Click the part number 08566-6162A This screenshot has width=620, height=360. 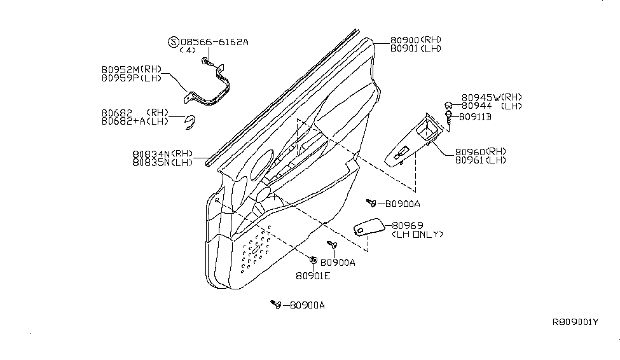click(214, 42)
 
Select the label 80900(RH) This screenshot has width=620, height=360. click(416, 40)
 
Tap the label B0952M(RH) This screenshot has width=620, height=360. click(132, 70)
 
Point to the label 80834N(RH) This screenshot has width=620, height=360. click(163, 154)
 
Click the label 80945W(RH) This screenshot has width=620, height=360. click(492, 97)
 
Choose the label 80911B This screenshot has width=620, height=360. click(475, 117)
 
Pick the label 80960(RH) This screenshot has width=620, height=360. click(481, 152)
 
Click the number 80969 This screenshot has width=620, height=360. click(408, 226)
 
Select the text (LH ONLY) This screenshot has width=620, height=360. click(418, 234)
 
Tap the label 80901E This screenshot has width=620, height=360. click(313, 276)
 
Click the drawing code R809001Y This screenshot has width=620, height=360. click(575, 322)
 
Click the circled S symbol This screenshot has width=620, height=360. click(174, 42)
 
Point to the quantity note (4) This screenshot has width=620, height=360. click(188, 50)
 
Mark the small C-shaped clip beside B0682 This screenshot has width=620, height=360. click(191, 123)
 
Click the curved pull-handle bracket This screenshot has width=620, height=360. click(207, 87)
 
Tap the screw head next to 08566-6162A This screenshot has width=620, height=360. click(205, 60)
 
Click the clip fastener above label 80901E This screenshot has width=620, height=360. click(313, 260)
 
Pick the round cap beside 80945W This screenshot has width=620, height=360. click(448, 105)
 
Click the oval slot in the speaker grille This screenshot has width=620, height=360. click(256, 250)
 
